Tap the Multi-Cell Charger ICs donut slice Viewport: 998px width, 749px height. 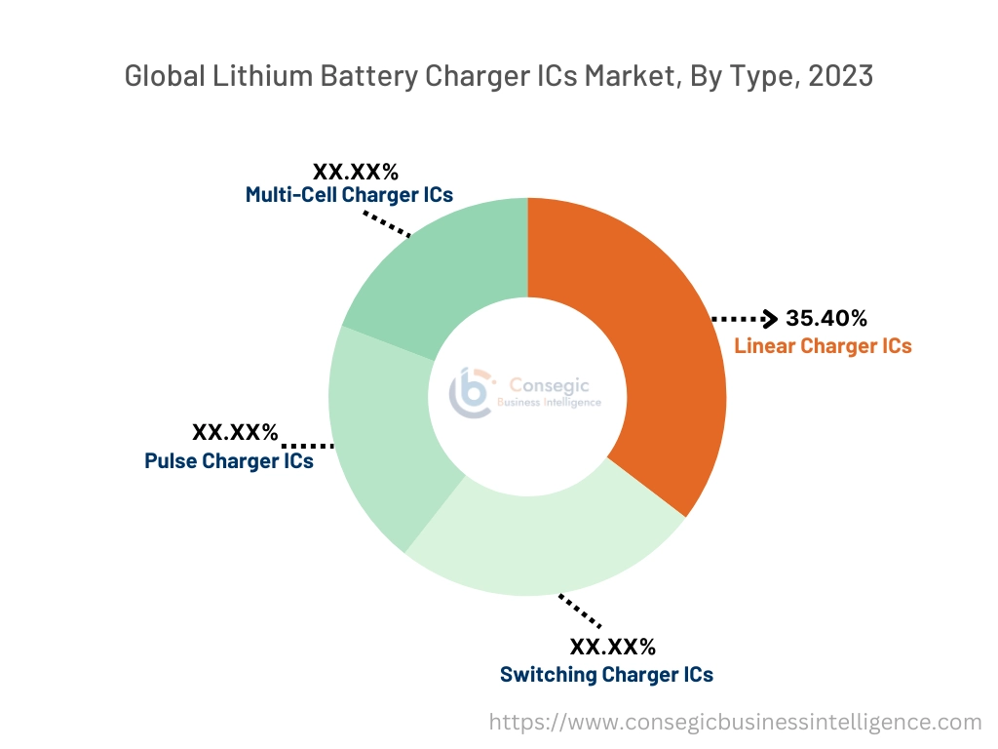pyautogui.click(x=439, y=263)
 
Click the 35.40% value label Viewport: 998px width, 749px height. pyautogui.click(x=826, y=319)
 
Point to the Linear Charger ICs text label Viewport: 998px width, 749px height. pyautogui.click(x=823, y=346)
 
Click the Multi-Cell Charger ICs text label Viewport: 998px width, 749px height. pyautogui.click(x=349, y=195)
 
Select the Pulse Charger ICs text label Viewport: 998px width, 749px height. pyautogui.click(x=229, y=461)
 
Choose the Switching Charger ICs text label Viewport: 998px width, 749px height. pyautogui.click(x=606, y=675)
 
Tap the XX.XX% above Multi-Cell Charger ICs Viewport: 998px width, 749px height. pyautogui.click(x=356, y=172)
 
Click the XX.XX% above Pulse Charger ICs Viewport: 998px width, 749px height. pyautogui.click(x=235, y=432)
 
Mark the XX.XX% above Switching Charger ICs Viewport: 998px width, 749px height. pyautogui.click(x=612, y=647)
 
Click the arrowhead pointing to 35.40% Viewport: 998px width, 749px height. pyautogui.click(x=769, y=318)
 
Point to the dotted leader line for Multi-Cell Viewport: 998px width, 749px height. pyautogui.click(x=388, y=223)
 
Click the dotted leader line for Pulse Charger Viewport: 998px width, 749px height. pyautogui.click(x=307, y=445)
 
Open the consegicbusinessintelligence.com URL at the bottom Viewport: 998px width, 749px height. pyautogui.click(x=735, y=723)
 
